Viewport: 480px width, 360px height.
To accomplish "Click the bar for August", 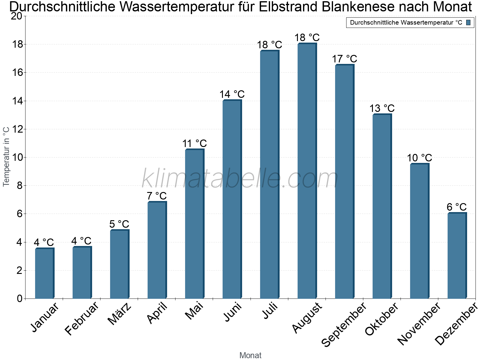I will coord(307,171).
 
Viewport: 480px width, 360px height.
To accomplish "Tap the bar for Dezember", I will coord(457,256).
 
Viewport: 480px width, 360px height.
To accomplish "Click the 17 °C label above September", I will coord(344,59).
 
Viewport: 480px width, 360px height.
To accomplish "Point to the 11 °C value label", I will coord(194,143).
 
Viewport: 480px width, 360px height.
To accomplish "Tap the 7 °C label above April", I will coord(157,196).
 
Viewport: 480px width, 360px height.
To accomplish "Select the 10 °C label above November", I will coord(419,158).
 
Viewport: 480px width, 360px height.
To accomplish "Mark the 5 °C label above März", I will coord(119,224).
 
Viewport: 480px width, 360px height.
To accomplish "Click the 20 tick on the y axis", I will coord(16,16).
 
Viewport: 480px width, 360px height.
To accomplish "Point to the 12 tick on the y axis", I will coord(16,129).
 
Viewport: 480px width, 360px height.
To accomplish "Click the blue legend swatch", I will coord(468,22).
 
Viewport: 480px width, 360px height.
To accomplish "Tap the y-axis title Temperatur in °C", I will coord(6,157).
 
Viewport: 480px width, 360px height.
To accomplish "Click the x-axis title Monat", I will coord(250,355).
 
